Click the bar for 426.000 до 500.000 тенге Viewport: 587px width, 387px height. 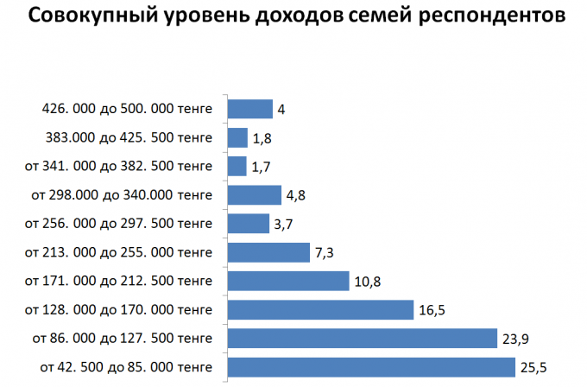(249, 109)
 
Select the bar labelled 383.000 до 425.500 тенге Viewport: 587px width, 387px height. (237, 137)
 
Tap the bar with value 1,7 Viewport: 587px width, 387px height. (237, 166)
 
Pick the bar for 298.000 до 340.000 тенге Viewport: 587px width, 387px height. (254, 194)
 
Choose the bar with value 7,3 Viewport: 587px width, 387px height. (268, 252)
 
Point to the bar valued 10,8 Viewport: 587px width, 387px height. (287, 281)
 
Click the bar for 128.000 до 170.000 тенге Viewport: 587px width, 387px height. (320, 309)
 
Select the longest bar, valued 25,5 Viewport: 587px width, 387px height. (370, 367)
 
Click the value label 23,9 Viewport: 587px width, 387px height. (514, 339)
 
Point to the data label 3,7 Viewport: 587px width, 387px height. (286, 224)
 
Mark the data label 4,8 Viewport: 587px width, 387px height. (296, 195)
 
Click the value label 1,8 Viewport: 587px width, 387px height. (262, 138)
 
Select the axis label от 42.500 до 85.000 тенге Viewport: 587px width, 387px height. (125, 368)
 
